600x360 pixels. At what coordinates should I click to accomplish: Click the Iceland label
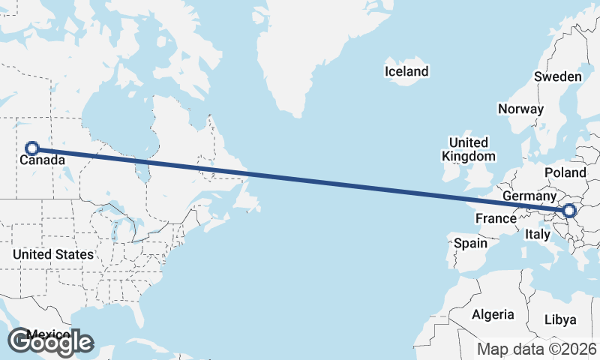tap(406, 72)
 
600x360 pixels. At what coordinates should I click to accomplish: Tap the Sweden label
tap(557, 76)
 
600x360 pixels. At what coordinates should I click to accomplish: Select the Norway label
tap(520, 109)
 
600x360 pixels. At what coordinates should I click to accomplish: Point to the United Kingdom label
tap(469, 149)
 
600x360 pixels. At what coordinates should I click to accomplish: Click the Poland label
tap(565, 172)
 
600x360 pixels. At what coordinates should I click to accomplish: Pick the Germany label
tap(528, 196)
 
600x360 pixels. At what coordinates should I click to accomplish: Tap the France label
tap(496, 219)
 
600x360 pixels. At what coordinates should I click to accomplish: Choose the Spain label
tap(470, 244)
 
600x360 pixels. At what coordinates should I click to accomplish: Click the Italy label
tap(537, 234)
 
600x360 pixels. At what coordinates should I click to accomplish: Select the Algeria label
tap(493, 314)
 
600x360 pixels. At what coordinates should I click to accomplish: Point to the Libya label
tap(560, 319)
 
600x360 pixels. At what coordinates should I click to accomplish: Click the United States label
tap(52, 254)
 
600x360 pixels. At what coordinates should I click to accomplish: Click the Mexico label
tap(49, 334)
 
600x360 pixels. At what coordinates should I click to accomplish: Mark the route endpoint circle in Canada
tap(32, 148)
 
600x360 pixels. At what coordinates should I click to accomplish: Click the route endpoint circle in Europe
tap(568, 211)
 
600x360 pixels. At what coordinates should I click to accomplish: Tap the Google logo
tap(49, 342)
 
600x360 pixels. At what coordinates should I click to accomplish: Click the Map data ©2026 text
tap(537, 349)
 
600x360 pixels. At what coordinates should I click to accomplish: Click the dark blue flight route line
tap(300, 180)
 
